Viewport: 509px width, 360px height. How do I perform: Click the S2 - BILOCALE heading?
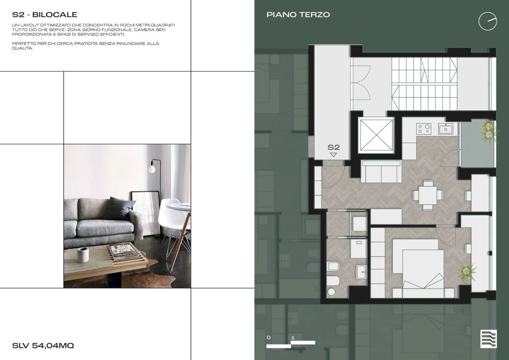pos(45,15)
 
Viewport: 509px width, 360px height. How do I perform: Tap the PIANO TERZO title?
pos(298,15)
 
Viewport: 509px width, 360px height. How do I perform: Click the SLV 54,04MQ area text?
pos(43,346)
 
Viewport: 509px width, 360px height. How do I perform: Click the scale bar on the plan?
pos(291,344)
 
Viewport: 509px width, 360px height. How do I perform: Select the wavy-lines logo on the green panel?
pos(488,339)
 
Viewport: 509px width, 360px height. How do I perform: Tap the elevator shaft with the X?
pos(376,135)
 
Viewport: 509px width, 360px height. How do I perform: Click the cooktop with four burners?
pos(424,129)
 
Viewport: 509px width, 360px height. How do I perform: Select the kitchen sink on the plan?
pos(446,129)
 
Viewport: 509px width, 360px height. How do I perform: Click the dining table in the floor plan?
pos(428,195)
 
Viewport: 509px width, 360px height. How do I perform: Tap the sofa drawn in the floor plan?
pos(381,171)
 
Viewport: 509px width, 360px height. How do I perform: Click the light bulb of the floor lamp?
pos(152,169)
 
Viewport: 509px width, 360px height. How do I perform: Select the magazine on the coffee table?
pos(124,251)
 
